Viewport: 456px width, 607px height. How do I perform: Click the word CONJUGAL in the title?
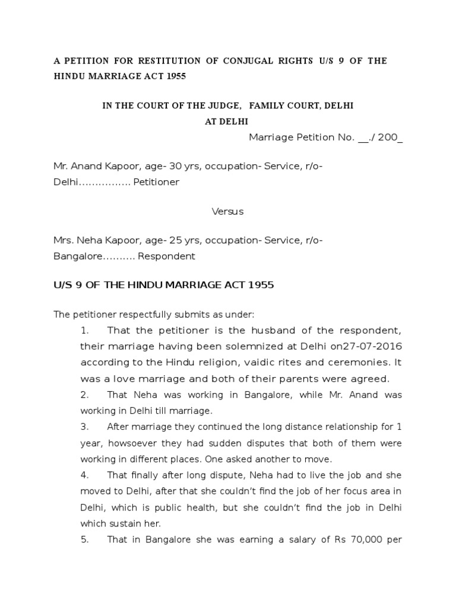pyautogui.click(x=239, y=61)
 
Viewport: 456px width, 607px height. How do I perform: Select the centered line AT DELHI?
pyautogui.click(x=227, y=121)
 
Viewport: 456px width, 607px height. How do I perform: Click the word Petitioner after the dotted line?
pyautogui.click(x=156, y=182)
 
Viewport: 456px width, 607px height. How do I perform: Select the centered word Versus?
pyautogui.click(x=228, y=211)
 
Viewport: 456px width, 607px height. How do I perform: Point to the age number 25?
pyautogui.click(x=175, y=241)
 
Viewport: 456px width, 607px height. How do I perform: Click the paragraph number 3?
pyautogui.click(x=84, y=427)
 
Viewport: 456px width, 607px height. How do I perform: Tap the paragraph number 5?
pyautogui.click(x=84, y=539)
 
